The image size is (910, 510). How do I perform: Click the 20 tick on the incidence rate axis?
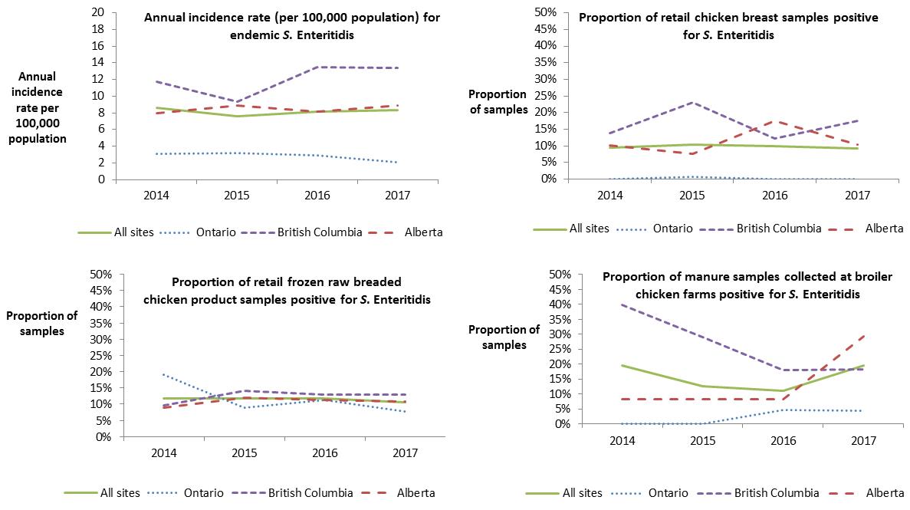[x=97, y=12]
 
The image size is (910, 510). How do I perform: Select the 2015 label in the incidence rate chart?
[x=237, y=195]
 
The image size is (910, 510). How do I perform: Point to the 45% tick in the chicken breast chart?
[x=557, y=29]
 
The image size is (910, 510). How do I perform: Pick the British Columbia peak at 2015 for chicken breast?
[x=692, y=102]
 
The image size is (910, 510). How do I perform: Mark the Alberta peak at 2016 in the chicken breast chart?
[x=775, y=121]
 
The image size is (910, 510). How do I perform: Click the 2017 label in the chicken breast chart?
[x=858, y=195]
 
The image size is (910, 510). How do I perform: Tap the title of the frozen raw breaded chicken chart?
[x=287, y=290]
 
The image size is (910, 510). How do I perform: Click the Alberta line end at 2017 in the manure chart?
[x=864, y=334]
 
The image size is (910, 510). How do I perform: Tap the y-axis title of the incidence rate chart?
[x=44, y=108]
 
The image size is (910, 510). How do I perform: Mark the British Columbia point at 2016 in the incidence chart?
[x=317, y=67]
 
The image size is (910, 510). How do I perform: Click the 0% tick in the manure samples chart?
[x=560, y=424]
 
